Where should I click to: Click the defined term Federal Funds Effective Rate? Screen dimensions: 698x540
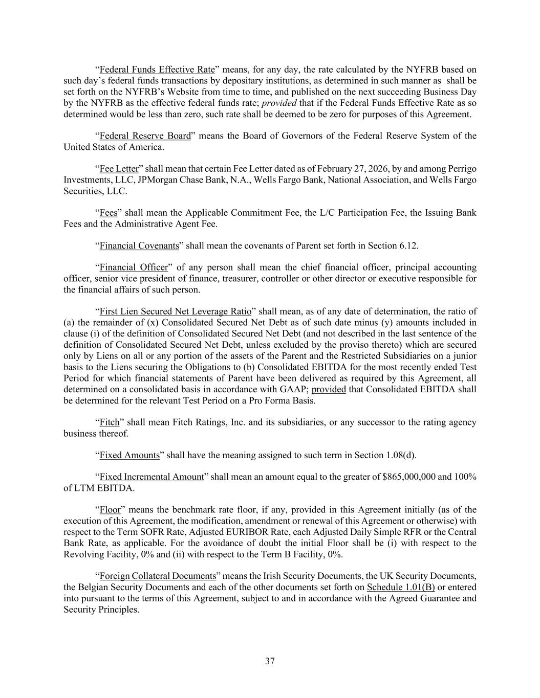[x=157, y=70]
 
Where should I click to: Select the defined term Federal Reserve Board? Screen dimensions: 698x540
[x=145, y=136]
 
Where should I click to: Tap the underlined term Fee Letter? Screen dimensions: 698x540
[x=119, y=169]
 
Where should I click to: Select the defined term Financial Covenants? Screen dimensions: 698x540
[x=139, y=246]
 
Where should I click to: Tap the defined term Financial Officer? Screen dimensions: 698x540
[x=134, y=268]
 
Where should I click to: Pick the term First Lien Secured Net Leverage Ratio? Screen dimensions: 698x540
[x=175, y=312]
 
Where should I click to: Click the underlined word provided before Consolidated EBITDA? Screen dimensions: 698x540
[x=329, y=390]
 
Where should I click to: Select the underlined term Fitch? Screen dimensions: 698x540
[x=109, y=423]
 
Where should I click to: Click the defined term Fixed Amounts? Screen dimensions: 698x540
[x=129, y=456]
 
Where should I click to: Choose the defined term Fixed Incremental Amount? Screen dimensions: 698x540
[x=152, y=477]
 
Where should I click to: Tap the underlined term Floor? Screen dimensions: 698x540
[x=110, y=510]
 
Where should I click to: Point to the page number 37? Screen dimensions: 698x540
[x=270, y=662]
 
